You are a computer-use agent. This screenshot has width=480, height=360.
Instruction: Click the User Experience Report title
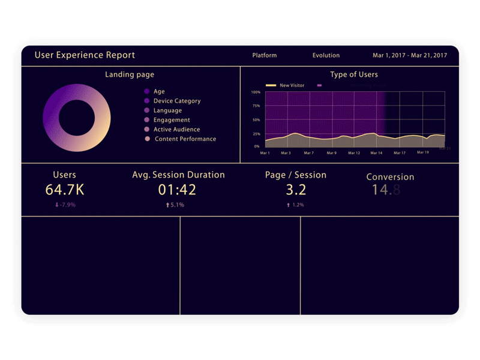pos(85,55)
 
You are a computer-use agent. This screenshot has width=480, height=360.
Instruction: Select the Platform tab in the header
pos(265,55)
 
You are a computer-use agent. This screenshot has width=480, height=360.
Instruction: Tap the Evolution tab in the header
pos(326,55)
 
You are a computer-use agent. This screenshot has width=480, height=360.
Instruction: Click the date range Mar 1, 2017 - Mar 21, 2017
pos(410,55)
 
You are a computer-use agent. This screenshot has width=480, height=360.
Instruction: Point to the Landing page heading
pos(130,74)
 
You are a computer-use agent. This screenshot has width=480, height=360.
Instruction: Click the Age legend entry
pos(158,92)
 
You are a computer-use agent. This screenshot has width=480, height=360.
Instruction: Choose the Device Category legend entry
pos(176,101)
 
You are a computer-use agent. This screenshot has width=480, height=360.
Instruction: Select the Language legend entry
pos(167,110)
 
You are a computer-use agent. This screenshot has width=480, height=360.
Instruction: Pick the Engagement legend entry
pos(172,120)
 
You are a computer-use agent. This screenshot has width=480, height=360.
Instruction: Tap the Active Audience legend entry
pos(176,130)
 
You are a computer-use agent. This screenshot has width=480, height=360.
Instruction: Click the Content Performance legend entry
pos(185,139)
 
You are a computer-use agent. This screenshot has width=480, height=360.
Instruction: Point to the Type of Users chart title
pos(354,74)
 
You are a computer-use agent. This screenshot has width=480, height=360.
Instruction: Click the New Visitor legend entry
pos(292,85)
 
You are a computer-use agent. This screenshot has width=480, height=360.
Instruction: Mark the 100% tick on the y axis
pos(256,92)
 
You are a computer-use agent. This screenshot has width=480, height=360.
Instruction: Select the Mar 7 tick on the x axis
pos(308,153)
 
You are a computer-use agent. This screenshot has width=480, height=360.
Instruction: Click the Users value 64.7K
pos(65,190)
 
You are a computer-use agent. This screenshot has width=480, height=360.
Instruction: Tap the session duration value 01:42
pos(178,190)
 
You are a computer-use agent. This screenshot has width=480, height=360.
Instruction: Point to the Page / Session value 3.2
pos(296,190)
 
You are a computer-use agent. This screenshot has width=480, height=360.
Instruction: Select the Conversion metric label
pos(390,177)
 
